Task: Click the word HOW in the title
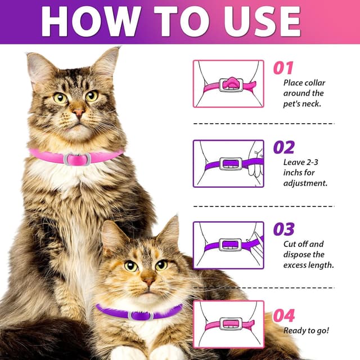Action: click(x=91, y=21)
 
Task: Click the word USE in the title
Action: click(x=262, y=21)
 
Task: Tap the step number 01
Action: click(x=283, y=68)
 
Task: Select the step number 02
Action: click(x=283, y=147)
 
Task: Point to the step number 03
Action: click(x=283, y=229)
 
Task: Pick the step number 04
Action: click(x=283, y=316)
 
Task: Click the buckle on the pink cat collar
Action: click(x=78, y=159)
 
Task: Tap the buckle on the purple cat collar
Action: click(x=141, y=316)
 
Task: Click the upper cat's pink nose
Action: click(x=79, y=112)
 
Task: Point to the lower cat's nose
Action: click(x=148, y=281)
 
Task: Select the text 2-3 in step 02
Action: click(x=312, y=163)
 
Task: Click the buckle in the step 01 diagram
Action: click(x=231, y=85)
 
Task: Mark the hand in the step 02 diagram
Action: click(x=256, y=161)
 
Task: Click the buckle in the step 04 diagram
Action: click(x=231, y=324)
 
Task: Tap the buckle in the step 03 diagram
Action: click(x=231, y=245)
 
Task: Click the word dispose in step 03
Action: click(x=296, y=255)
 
